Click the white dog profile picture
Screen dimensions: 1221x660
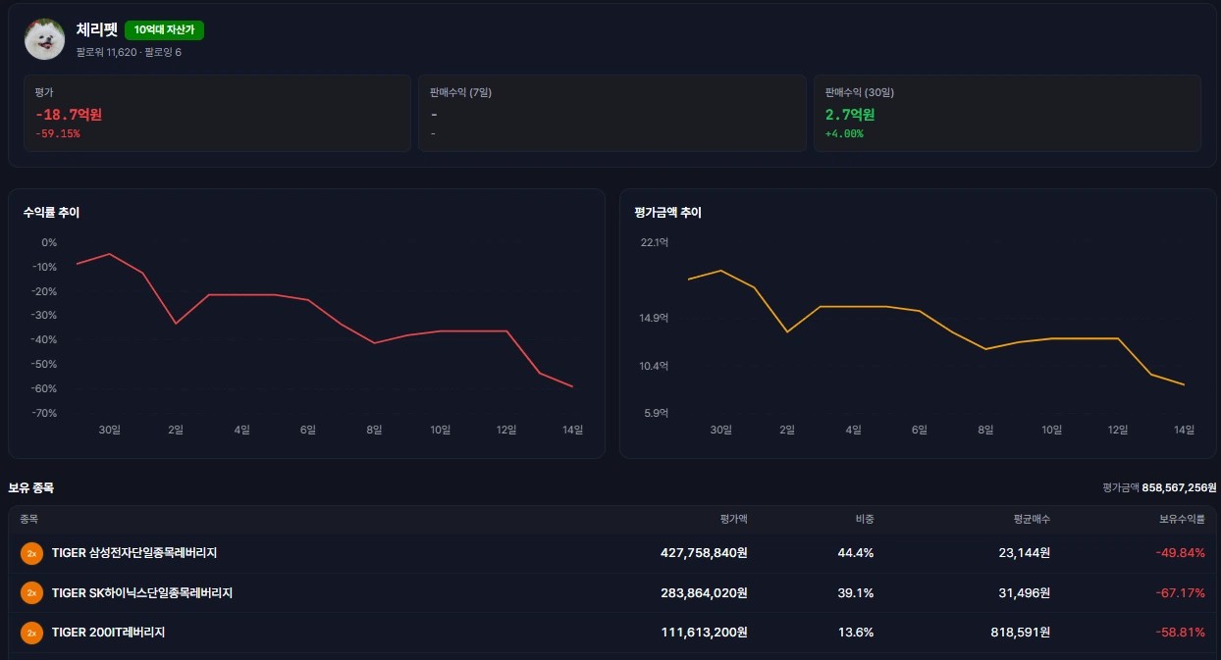tap(45, 39)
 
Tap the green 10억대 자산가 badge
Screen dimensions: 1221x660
tap(164, 30)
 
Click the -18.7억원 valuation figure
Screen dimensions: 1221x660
tap(69, 115)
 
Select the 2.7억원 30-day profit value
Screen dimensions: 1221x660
tap(850, 115)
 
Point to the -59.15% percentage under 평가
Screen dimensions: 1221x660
tap(58, 134)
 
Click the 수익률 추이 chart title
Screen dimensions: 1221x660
tap(51, 213)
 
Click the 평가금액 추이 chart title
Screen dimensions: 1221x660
tap(667, 213)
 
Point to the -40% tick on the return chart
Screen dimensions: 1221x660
tap(44, 339)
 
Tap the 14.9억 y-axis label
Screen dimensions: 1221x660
tap(654, 318)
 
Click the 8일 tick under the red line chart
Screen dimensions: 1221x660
tap(374, 430)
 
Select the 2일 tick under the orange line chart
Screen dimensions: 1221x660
tap(787, 430)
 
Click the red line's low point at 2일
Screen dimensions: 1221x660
tap(176, 324)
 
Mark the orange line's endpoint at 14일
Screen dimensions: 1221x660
tap(1184, 384)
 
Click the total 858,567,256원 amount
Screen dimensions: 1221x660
tap(1179, 487)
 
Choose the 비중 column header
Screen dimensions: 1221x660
tap(865, 519)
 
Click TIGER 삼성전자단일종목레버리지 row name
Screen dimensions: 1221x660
tap(134, 553)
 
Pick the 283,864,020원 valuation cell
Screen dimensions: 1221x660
tap(704, 592)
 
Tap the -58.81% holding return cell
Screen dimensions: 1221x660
tap(1180, 633)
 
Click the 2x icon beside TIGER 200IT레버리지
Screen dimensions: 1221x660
tap(31, 633)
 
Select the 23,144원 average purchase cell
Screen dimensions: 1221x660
tap(1025, 553)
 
